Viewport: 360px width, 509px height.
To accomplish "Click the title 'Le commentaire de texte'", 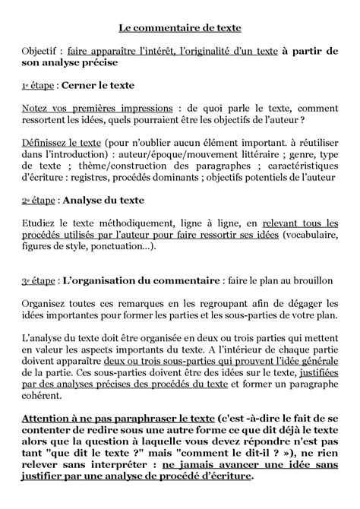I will tap(179, 28).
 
